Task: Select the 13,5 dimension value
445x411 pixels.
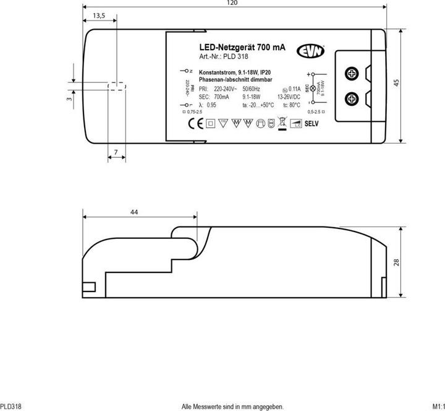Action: pyautogui.click(x=98, y=15)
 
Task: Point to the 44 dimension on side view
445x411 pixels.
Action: pyautogui.click(x=134, y=212)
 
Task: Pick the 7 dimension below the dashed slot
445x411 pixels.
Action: pyautogui.click(x=116, y=152)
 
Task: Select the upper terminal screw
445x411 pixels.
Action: pyautogui.click(x=352, y=74)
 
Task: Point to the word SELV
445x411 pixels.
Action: pyautogui.click(x=311, y=123)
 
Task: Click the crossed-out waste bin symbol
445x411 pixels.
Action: pyautogui.click(x=282, y=123)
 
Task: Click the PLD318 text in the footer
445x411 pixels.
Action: pyautogui.click(x=11, y=406)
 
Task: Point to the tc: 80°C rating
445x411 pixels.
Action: pyautogui.click(x=294, y=105)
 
